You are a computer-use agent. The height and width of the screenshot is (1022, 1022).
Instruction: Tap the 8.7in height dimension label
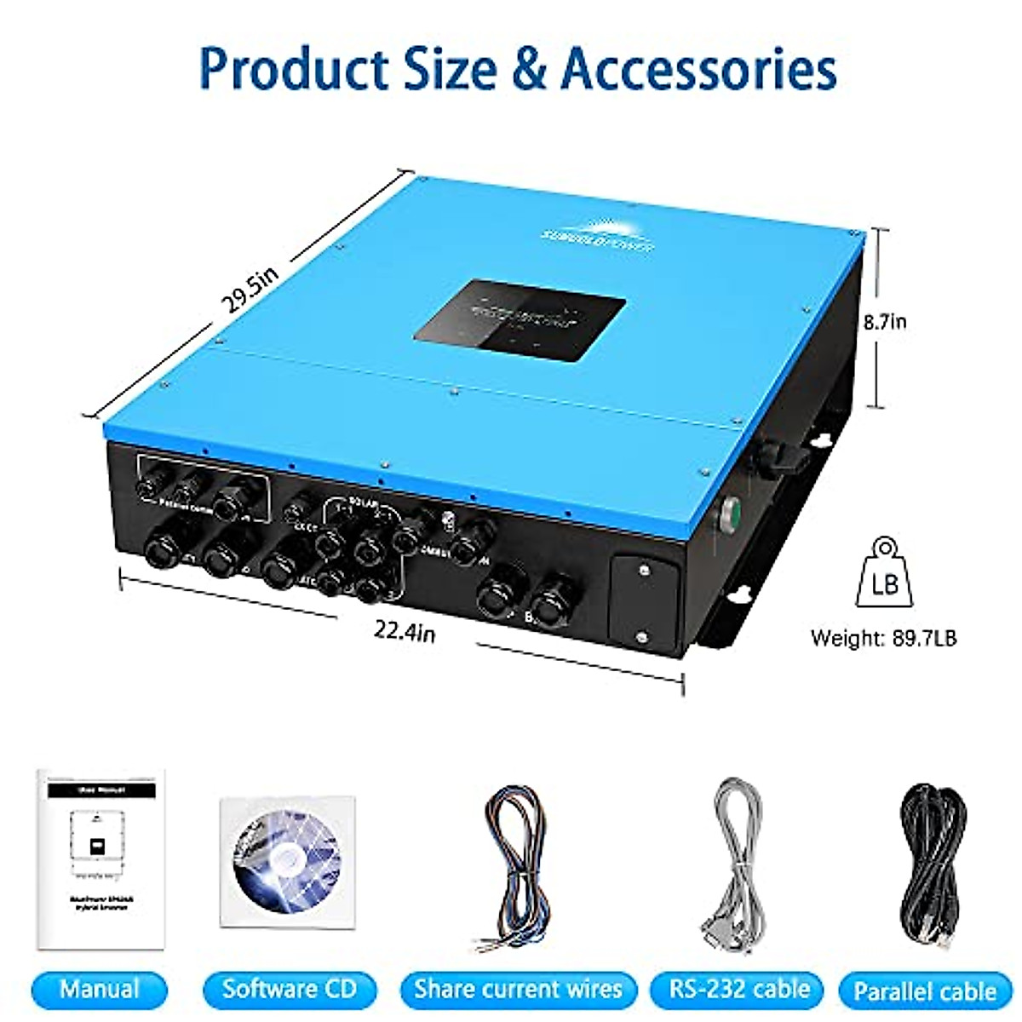click(885, 322)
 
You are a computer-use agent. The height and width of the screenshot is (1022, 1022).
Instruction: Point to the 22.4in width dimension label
click(405, 631)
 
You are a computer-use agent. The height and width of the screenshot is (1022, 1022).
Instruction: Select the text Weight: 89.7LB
click(883, 638)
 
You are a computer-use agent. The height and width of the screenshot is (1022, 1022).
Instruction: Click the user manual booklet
click(100, 859)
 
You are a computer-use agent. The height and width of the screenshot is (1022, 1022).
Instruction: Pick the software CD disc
click(287, 863)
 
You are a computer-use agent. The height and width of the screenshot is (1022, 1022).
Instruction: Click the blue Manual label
click(100, 989)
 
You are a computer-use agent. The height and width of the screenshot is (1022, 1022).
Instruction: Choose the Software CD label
click(289, 989)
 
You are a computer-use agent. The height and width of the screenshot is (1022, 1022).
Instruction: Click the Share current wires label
click(518, 990)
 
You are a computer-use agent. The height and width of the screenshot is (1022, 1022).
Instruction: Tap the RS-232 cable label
click(738, 989)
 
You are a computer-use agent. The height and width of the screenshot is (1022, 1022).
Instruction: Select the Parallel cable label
click(924, 991)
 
